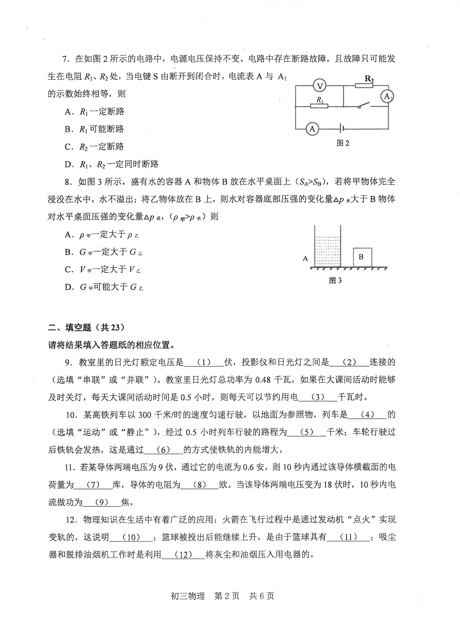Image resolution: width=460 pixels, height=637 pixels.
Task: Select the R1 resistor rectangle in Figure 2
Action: point(319,106)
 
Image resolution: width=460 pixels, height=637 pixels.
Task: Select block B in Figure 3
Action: point(362,257)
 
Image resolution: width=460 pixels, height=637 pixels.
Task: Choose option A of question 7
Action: point(94,111)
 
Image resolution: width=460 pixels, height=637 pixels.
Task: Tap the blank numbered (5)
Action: point(306,432)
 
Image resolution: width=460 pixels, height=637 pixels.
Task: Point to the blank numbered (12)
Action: point(183,555)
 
